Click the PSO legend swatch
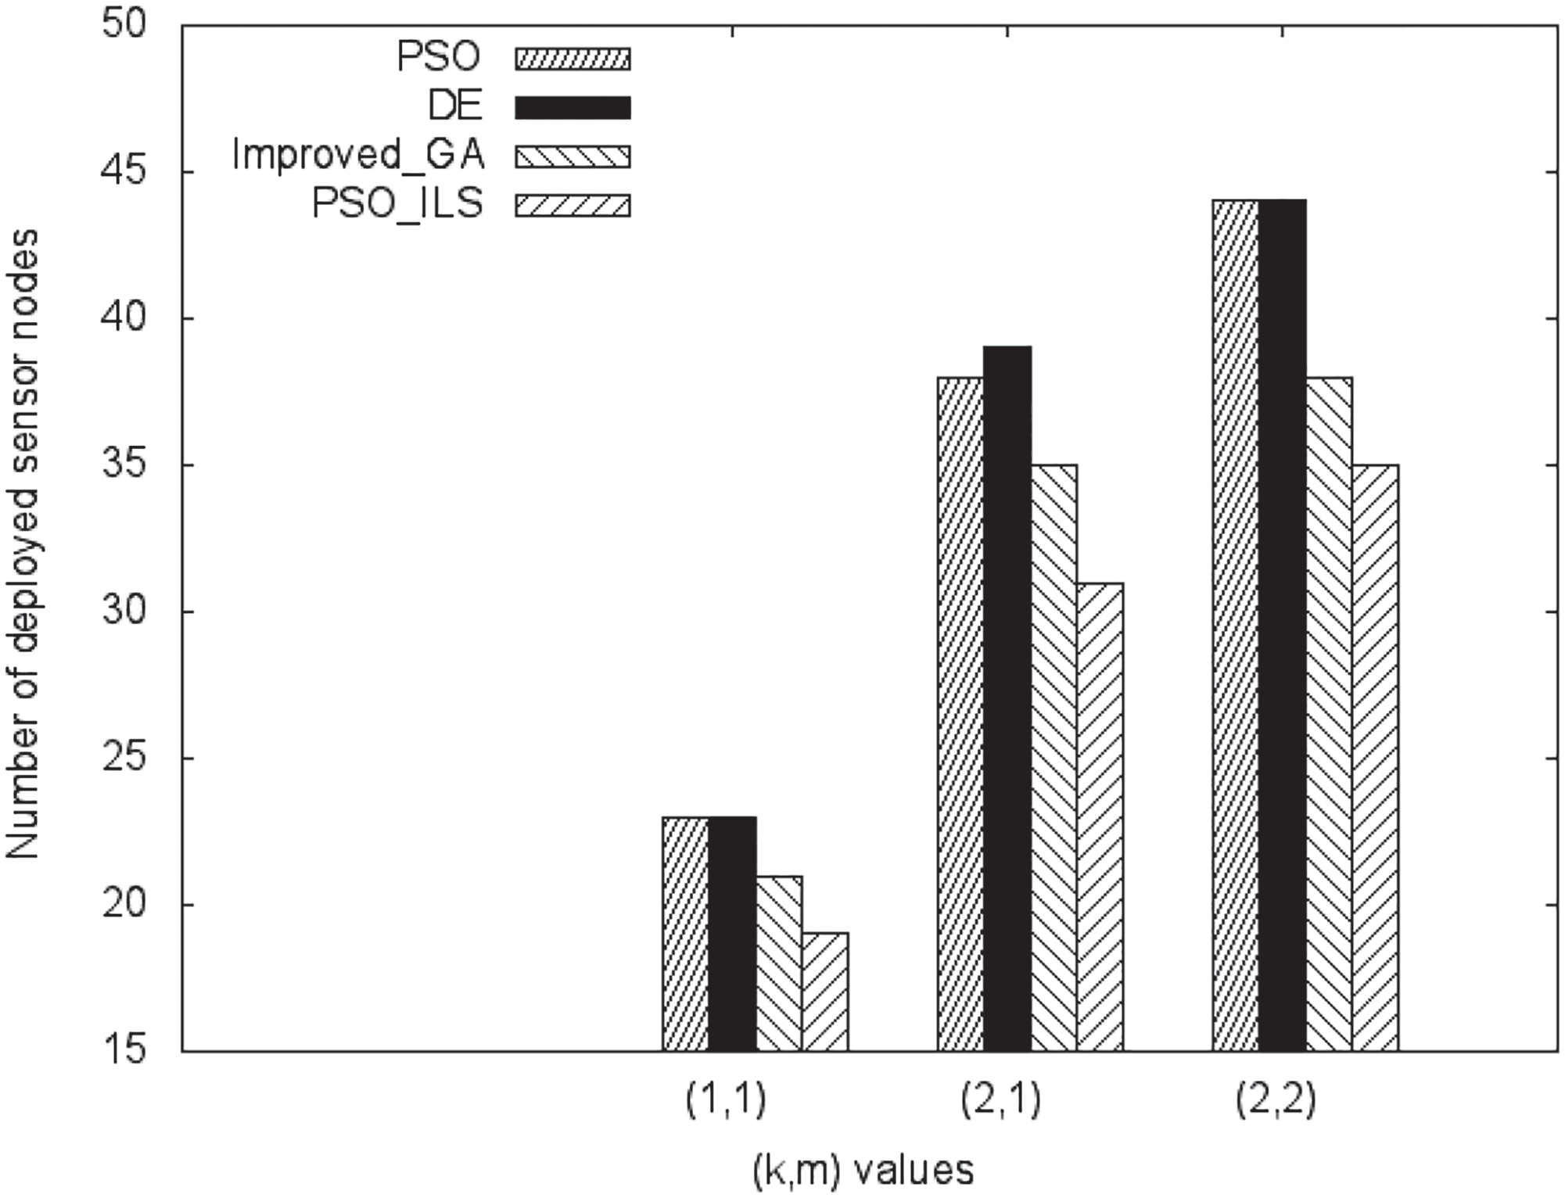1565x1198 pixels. pyautogui.click(x=573, y=59)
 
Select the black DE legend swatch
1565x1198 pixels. pyautogui.click(x=573, y=107)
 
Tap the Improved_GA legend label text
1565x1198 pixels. pyautogui.click(x=358, y=156)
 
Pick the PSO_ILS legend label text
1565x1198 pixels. pyautogui.click(x=397, y=204)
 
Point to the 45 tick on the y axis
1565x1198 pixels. pyautogui.click(x=126, y=173)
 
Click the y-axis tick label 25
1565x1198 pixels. pyautogui.click(x=126, y=759)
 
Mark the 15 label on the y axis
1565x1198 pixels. pyautogui.click(x=126, y=1051)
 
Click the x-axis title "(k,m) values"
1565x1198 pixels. pyautogui.click(x=863, y=1171)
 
